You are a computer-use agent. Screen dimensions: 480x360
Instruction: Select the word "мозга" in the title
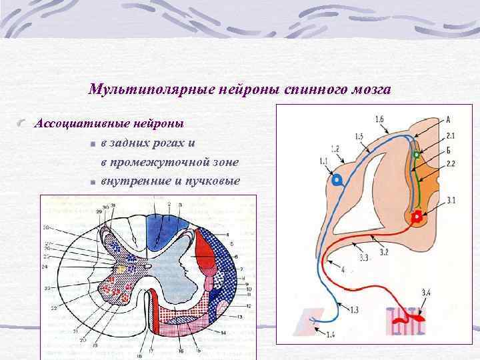click(x=371, y=89)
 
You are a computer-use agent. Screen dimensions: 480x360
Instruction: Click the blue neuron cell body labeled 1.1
click(x=337, y=180)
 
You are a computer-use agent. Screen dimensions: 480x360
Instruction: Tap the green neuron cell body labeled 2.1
click(x=417, y=155)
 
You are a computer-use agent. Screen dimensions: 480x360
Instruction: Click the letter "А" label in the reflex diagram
click(x=448, y=120)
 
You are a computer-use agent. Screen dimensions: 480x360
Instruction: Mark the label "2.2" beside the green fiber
click(x=450, y=163)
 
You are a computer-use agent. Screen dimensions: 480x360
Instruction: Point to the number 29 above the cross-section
click(x=100, y=211)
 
